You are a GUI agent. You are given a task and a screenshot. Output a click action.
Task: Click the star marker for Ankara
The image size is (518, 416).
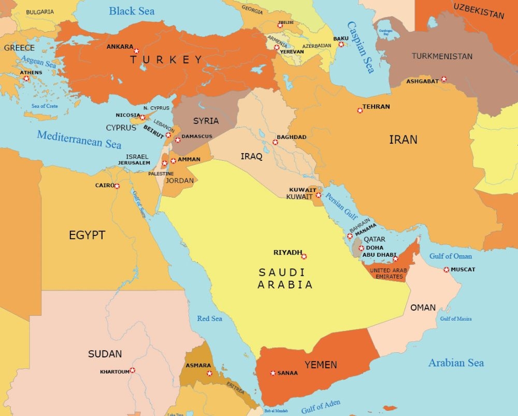click(136, 51)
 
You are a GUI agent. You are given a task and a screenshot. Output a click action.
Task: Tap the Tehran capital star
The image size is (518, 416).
click(360, 110)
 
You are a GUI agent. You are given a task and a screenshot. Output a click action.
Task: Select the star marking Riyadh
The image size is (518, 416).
click(304, 256)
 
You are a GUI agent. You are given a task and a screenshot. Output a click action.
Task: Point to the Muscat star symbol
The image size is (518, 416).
click(447, 269)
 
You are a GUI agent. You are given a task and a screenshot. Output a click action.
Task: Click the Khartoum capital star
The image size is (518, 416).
click(133, 370)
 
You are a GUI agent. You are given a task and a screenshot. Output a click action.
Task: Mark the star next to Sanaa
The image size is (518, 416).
click(273, 373)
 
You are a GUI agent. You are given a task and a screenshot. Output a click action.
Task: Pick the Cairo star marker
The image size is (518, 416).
click(117, 186)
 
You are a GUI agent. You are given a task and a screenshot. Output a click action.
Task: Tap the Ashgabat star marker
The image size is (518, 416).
click(444, 79)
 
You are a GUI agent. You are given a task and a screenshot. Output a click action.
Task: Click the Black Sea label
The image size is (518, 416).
click(132, 11)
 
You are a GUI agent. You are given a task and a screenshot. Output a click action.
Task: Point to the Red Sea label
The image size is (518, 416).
click(209, 318)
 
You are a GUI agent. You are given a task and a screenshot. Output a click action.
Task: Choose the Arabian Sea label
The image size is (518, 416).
click(456, 363)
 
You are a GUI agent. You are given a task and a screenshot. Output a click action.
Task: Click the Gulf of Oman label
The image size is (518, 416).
click(450, 256)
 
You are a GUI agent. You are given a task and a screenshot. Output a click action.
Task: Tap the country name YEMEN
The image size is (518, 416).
click(321, 365)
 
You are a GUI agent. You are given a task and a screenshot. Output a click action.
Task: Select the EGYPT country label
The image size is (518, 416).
click(87, 235)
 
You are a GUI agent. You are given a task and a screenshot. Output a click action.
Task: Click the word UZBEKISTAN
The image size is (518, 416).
click(479, 10)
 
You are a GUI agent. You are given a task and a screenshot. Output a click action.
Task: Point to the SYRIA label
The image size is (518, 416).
click(206, 121)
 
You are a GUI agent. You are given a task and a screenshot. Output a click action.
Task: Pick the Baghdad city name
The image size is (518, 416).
click(292, 137)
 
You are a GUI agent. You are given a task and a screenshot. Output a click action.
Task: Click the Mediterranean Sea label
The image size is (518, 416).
click(79, 138)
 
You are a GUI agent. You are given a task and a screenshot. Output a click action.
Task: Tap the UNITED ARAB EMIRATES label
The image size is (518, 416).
click(388, 273)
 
